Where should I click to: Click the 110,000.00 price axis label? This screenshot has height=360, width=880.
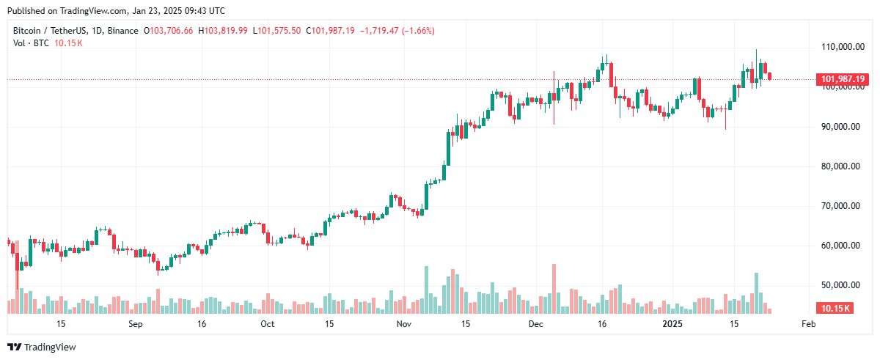pyautogui.click(x=841, y=47)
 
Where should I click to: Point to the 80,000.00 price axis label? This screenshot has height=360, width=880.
pyautogui.click(x=841, y=166)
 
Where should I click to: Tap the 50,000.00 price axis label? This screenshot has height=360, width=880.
pyautogui.click(x=841, y=284)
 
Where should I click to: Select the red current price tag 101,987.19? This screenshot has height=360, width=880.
pyautogui.click(x=843, y=79)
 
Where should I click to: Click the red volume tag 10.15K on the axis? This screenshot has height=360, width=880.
pyautogui.click(x=835, y=309)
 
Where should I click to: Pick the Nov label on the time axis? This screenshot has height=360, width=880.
pyautogui.click(x=403, y=323)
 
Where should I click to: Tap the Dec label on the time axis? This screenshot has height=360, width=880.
pyautogui.click(x=536, y=323)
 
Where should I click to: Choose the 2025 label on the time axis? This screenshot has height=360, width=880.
pyautogui.click(x=672, y=323)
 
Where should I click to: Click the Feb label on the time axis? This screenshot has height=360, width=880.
pyautogui.click(x=808, y=323)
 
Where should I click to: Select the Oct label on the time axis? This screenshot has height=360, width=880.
pyautogui.click(x=267, y=323)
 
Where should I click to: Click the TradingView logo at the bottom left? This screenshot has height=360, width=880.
pyautogui.click(x=42, y=347)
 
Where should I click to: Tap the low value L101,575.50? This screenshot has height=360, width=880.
pyautogui.click(x=276, y=31)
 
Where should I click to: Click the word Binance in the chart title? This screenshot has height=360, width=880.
pyautogui.click(x=123, y=31)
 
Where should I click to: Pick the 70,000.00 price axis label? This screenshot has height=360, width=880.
pyautogui.click(x=841, y=205)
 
